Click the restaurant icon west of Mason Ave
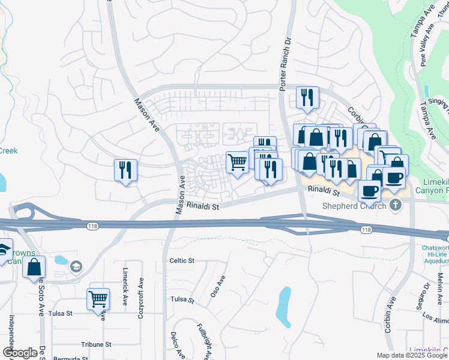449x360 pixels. (x=125, y=170)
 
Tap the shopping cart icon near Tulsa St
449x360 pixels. (x=98, y=298)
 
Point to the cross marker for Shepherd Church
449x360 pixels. (x=395, y=206)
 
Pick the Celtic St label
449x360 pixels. (x=182, y=260)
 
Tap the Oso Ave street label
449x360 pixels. (x=220, y=284)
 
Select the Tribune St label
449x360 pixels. (x=97, y=345)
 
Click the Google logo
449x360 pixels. (x=20, y=353)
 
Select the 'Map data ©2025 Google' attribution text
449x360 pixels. (x=411, y=355)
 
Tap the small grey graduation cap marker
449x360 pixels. (x=76, y=266)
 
